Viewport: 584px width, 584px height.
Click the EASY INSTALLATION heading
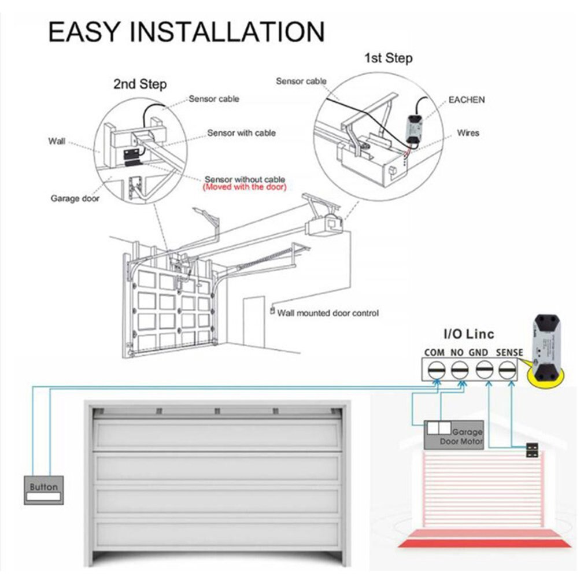(186, 32)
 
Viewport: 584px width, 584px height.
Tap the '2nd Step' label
(139, 84)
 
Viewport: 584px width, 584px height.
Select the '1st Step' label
(388, 58)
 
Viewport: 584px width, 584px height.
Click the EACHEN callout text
(467, 100)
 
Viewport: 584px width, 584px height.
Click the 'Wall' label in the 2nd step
(57, 141)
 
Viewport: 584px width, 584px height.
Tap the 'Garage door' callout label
(75, 198)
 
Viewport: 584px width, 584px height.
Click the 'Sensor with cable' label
(241, 133)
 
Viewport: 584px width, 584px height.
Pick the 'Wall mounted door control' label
(328, 313)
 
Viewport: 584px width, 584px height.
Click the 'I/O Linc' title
(468, 334)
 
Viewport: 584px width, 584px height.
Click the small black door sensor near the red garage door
(531, 450)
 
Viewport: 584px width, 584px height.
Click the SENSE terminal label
(509, 352)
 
